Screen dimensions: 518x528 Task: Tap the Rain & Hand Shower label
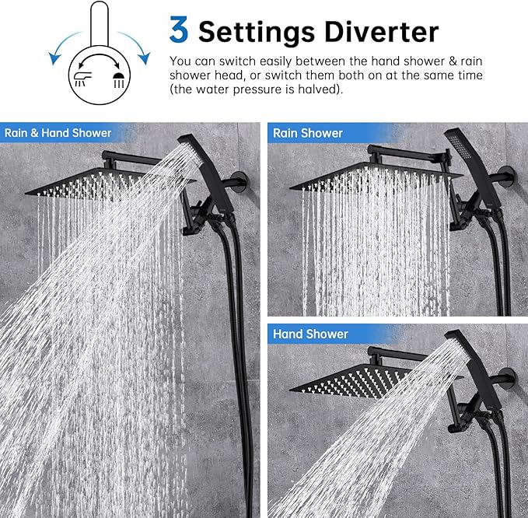click(x=58, y=133)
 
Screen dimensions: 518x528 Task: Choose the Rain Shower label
click(x=307, y=133)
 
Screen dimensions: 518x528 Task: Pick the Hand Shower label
click(x=310, y=334)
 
